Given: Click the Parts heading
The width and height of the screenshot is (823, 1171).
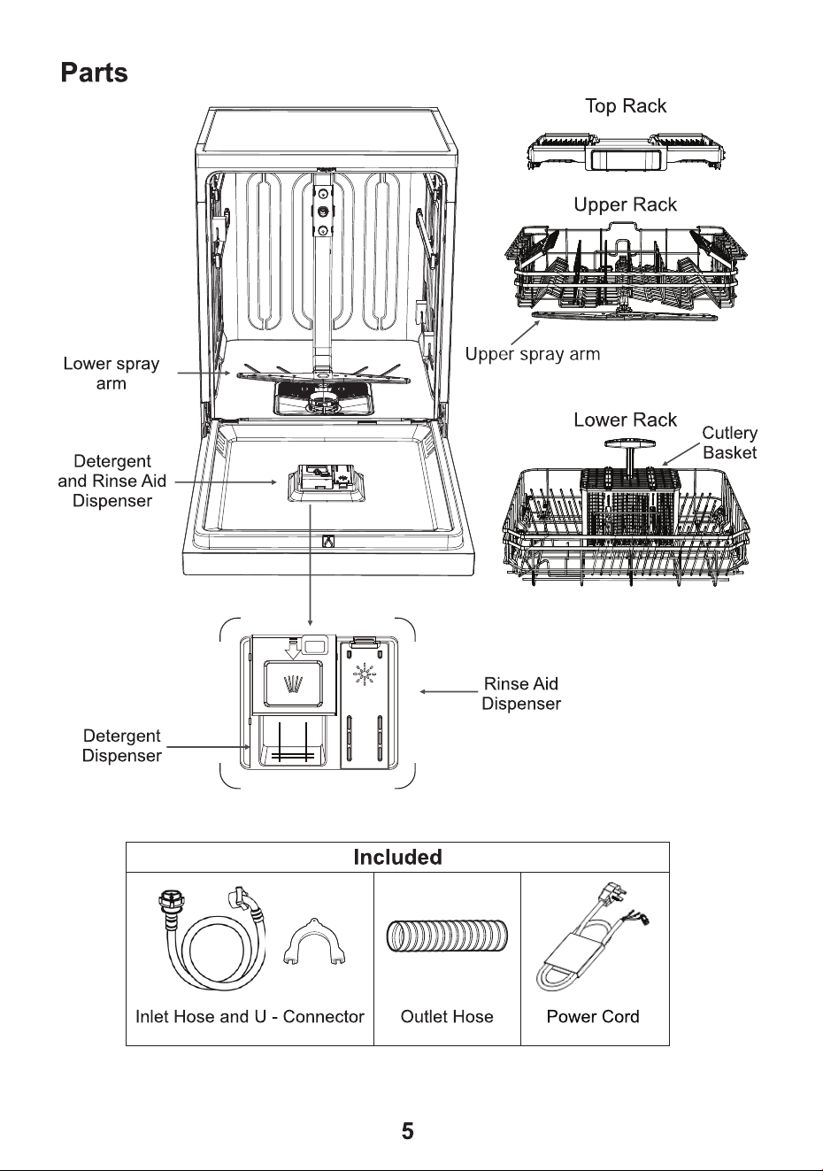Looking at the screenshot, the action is tap(94, 73).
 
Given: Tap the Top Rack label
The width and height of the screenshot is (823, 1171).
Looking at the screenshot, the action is tap(626, 106).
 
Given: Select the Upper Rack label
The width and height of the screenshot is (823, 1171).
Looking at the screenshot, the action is tap(625, 204).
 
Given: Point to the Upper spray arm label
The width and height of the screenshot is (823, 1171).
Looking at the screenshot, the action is tap(533, 354).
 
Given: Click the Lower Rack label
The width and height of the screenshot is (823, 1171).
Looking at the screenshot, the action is tap(625, 420).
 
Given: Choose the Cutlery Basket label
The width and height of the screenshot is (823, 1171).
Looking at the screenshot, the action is tap(729, 443).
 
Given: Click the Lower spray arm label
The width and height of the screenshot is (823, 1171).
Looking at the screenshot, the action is tap(112, 374).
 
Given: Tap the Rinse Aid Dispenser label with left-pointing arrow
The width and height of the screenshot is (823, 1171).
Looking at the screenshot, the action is tap(521, 693).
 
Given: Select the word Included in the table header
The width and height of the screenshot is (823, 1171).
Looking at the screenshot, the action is tap(397, 857).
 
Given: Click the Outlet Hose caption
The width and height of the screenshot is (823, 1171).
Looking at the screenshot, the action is tap(447, 1016).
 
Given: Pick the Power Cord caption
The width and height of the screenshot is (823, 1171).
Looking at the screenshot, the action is tap(593, 1016).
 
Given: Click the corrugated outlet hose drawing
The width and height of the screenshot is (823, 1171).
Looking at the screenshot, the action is tap(447, 936).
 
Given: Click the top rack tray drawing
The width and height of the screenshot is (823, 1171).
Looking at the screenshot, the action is tap(626, 151).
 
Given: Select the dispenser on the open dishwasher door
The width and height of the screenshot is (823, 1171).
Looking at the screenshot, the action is tap(327, 482).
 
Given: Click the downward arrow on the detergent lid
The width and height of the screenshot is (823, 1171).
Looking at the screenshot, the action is tap(293, 651).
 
